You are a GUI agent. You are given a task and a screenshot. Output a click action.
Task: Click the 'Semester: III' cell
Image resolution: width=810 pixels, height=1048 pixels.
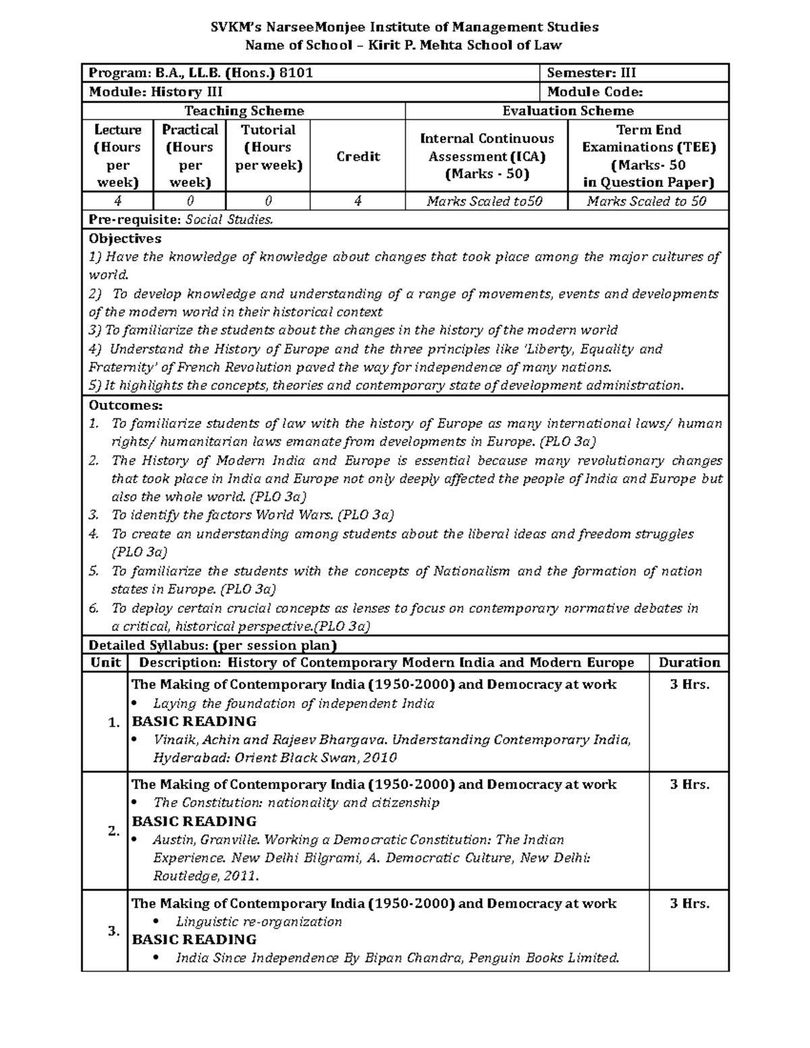point(591,74)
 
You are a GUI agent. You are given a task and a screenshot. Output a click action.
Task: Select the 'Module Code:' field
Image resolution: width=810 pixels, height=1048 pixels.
point(595,92)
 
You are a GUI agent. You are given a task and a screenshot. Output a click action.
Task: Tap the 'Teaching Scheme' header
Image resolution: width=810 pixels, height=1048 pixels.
point(244,111)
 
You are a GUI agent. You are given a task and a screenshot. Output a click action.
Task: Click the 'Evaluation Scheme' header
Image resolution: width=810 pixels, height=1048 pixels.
point(568,111)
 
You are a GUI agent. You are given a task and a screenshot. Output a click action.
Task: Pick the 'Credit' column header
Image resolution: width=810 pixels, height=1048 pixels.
point(358,157)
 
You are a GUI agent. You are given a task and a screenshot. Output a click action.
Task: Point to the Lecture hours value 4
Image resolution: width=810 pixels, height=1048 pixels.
point(118,201)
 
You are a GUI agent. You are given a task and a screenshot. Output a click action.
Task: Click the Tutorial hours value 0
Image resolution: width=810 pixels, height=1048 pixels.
point(268,201)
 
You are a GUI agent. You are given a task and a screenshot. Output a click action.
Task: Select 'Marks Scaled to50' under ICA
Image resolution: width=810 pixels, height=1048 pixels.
point(485,201)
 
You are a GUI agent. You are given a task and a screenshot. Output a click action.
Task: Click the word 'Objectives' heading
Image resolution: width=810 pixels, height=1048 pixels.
point(125,239)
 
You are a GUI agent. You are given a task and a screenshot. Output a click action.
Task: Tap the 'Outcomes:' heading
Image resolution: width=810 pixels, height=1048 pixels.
point(126,406)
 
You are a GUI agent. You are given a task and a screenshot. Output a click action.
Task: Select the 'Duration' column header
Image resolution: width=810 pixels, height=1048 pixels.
point(689,663)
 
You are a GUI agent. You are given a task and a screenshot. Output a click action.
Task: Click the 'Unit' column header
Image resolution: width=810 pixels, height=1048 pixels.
point(105,663)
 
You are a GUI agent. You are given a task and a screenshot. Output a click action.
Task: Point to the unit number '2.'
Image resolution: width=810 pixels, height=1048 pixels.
point(113,831)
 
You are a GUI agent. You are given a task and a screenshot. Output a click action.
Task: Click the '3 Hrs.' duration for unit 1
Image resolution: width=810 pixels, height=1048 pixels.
point(689,684)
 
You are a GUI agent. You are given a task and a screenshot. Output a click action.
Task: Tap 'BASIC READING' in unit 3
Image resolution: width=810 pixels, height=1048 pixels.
point(194,939)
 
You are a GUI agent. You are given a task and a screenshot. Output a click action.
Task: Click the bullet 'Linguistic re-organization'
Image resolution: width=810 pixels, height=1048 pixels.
point(259,922)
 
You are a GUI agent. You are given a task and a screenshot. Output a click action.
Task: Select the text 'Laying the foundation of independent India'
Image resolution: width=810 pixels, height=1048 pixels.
point(294,703)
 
